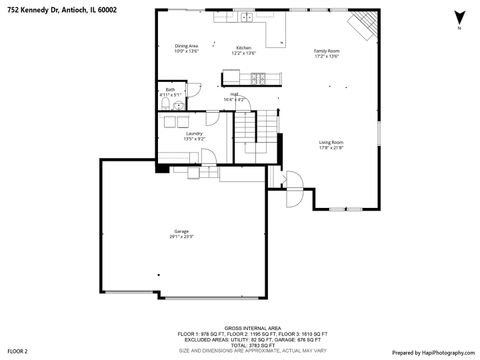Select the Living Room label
tap(331, 145)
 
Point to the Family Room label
tap(327, 53)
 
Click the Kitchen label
tap(244, 50)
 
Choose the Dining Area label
tap(187, 49)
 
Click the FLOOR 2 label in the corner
tap(17, 351)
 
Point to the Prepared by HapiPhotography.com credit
tap(434, 351)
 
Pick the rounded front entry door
tap(294, 189)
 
